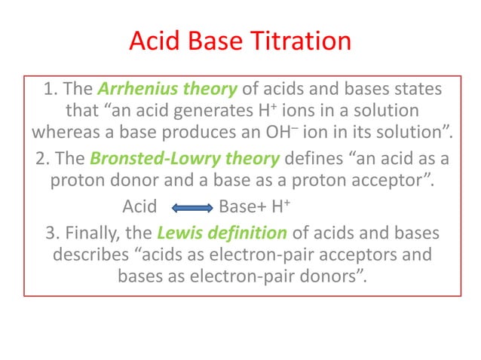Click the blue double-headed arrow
pos(188,206)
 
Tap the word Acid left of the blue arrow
pos(139,206)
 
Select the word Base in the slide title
pos(213,41)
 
